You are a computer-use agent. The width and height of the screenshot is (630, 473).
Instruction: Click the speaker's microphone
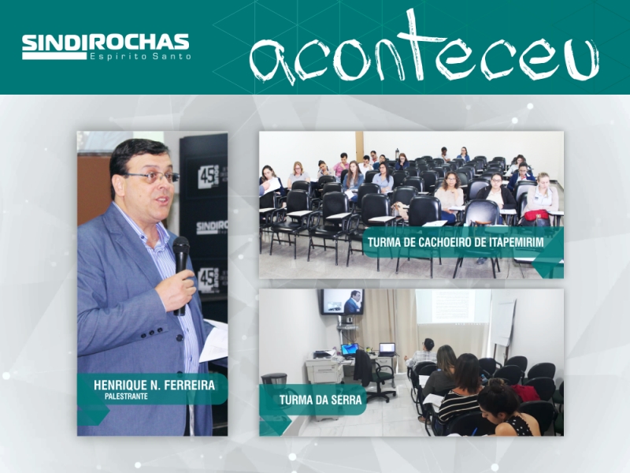pos(181,274)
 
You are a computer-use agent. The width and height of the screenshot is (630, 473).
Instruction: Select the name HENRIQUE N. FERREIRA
pos(154,385)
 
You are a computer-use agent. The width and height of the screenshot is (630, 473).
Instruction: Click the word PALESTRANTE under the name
pos(126,397)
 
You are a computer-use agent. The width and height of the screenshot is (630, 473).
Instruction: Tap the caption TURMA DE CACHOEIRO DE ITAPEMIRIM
pos(456,242)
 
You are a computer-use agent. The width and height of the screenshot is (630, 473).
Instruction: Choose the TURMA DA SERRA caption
pos(321,400)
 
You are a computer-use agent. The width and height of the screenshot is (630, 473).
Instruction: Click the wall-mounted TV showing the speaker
pos(342,302)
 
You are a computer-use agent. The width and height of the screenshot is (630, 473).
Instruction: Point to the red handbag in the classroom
pos(536,214)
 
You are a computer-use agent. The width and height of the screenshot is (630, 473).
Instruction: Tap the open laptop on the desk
pos(387,349)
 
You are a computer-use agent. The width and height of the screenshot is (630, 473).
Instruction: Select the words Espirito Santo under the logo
pos(140,56)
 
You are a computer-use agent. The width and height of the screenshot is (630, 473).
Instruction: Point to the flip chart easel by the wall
pos(503,326)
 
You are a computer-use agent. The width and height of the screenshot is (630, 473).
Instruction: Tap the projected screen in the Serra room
pos(454,306)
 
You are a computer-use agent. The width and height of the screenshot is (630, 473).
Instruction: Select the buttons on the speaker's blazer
pos(156,333)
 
